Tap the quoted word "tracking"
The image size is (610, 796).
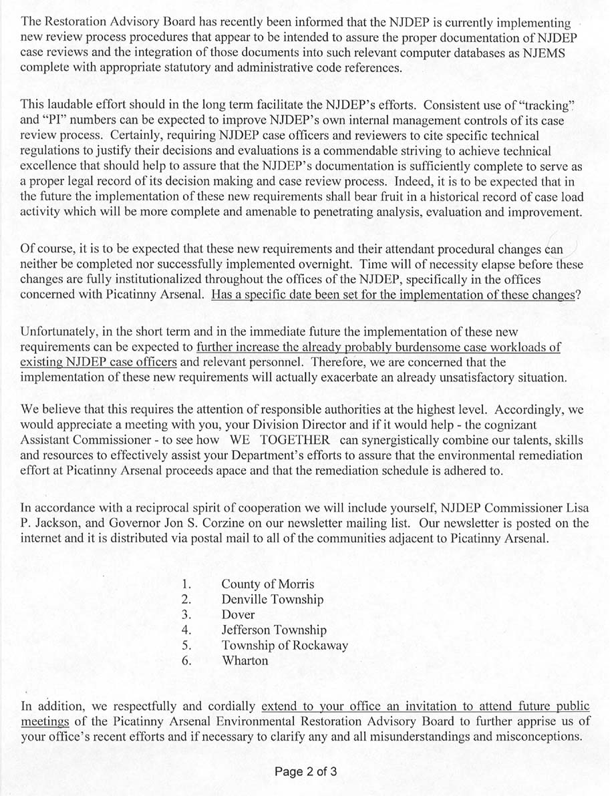tap(545, 106)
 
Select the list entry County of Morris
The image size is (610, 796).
tap(267, 584)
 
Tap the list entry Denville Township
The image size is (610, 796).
tap(272, 600)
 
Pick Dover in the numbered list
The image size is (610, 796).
tap(239, 615)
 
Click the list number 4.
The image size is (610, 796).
tap(187, 630)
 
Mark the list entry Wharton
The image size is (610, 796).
tap(245, 661)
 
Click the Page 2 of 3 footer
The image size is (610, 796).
tap(305, 772)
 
